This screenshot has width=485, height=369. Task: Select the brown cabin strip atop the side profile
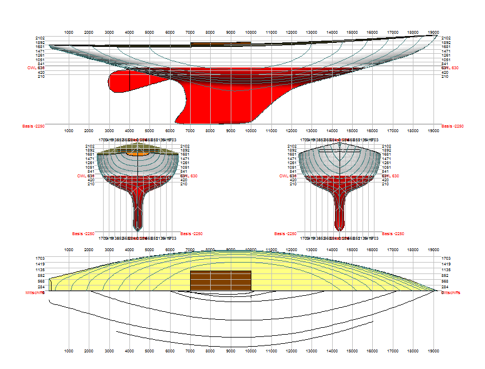(x=220, y=43)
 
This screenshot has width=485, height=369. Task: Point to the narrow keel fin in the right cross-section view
(x=340, y=209)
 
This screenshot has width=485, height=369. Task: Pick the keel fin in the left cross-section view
(x=137, y=209)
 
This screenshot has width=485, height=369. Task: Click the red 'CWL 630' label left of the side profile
(x=36, y=68)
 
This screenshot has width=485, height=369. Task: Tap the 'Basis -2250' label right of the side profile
(x=452, y=126)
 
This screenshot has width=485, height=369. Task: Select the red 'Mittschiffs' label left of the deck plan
(x=35, y=292)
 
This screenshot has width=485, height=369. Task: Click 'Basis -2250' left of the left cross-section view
(x=82, y=233)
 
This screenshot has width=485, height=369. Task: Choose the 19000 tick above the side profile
(x=433, y=33)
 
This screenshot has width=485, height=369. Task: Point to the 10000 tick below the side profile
(x=251, y=130)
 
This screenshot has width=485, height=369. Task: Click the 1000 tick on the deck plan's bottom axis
(x=68, y=351)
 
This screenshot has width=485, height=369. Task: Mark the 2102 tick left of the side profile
(x=40, y=38)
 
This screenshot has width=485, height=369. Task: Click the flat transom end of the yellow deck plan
(x=50, y=284)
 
